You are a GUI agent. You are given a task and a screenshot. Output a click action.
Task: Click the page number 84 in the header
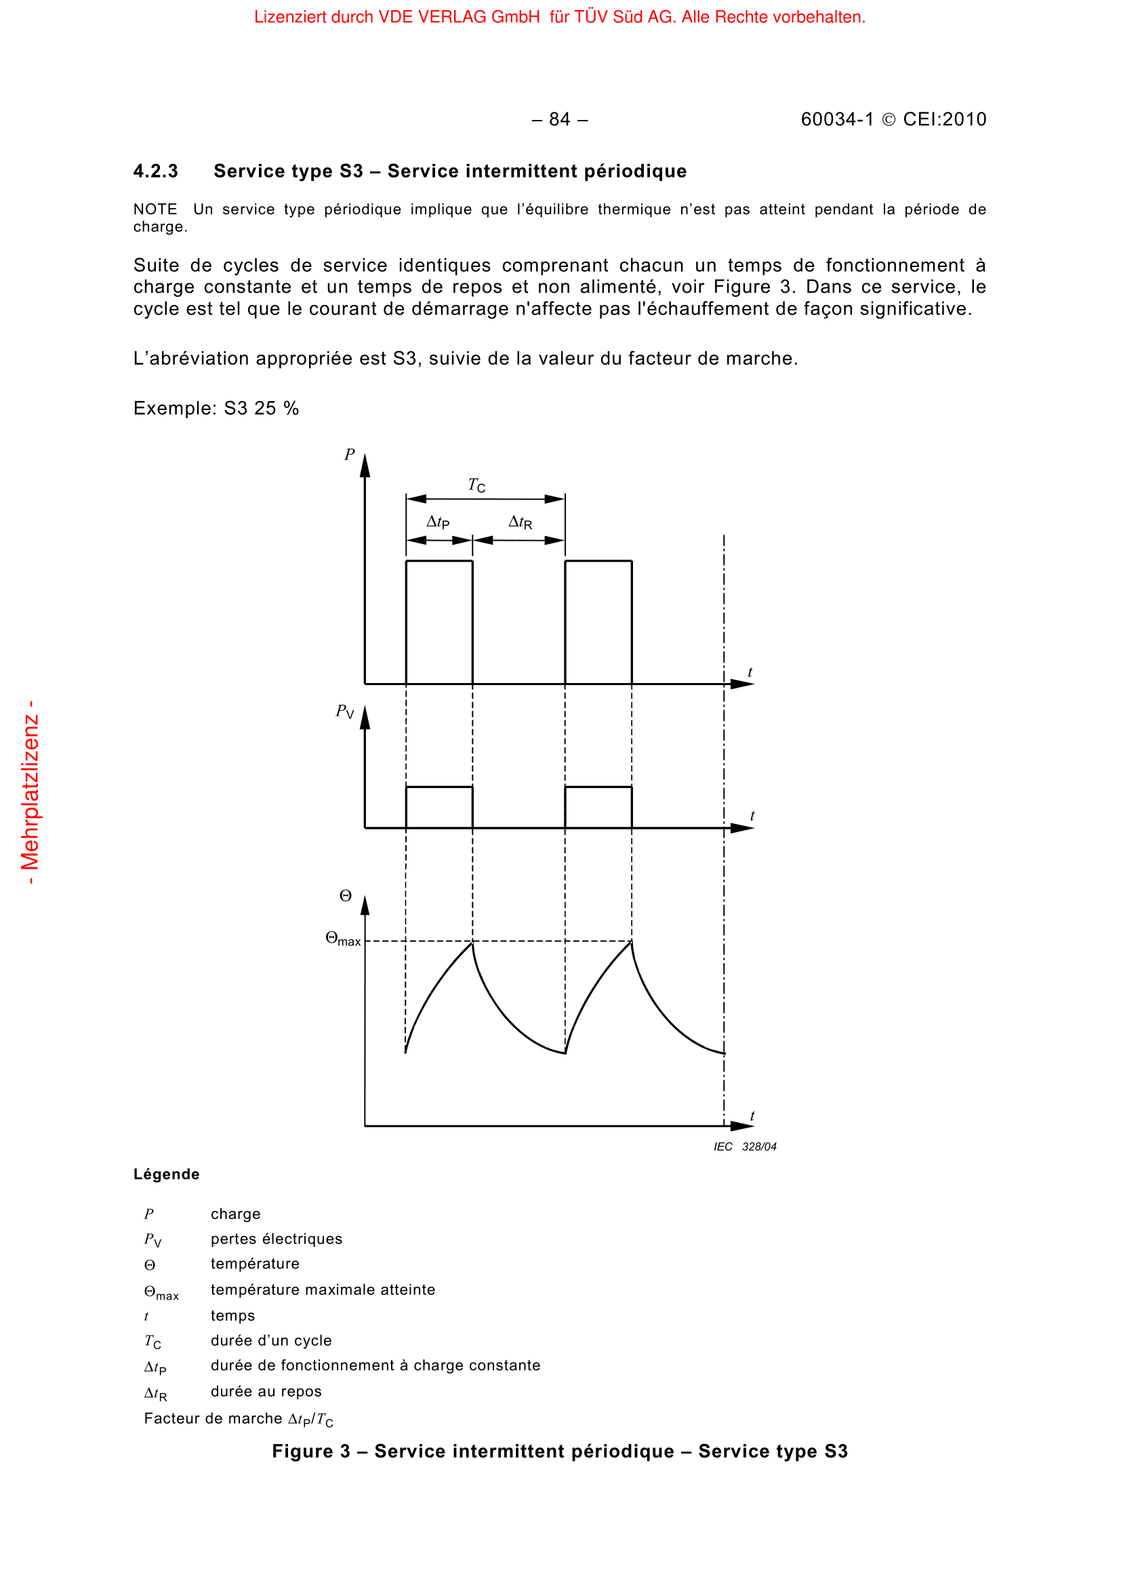[x=559, y=119]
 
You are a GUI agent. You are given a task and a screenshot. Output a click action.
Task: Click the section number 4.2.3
[x=155, y=171]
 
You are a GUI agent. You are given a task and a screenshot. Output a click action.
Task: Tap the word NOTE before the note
[x=155, y=209]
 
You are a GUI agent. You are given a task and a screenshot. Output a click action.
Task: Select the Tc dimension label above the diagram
[x=476, y=485]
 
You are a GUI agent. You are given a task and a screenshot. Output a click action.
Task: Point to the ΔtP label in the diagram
[x=438, y=522]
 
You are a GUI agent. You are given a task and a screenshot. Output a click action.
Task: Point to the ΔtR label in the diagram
[x=520, y=522]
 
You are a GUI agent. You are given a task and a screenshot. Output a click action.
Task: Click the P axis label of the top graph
[x=349, y=454]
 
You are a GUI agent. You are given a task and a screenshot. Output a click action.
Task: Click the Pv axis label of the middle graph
[x=344, y=711]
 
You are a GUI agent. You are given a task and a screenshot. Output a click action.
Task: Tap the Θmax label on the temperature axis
[x=342, y=939]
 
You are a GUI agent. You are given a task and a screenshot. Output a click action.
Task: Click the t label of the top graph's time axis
[x=750, y=672]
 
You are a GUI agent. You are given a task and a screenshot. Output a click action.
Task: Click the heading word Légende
[x=166, y=1174]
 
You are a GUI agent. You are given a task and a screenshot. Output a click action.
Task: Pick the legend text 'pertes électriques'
[x=276, y=1239]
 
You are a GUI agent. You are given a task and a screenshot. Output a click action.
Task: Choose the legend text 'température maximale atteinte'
[x=323, y=1290]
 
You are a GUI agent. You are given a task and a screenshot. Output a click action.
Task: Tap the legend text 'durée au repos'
[x=266, y=1391]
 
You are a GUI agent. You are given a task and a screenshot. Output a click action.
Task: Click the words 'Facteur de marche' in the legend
[x=213, y=1418]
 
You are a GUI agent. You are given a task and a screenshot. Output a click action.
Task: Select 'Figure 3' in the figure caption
[x=310, y=1451]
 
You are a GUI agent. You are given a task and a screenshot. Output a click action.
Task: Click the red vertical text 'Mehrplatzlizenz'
[x=30, y=793]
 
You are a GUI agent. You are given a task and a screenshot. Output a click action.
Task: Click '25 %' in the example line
[x=276, y=408]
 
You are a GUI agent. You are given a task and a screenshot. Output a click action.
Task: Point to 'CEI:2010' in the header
[x=944, y=119]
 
